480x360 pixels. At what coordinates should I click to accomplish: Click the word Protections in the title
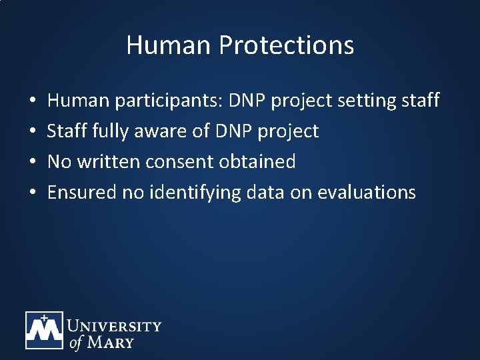pyautogui.click(x=286, y=45)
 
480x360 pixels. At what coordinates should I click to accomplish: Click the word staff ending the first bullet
pyautogui.click(x=420, y=101)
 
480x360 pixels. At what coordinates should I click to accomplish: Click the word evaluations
pyautogui.click(x=367, y=193)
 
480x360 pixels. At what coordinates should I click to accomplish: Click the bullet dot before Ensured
pyautogui.click(x=33, y=193)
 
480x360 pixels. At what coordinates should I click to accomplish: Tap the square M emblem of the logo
pyautogui.click(x=44, y=330)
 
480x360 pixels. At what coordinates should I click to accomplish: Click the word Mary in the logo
pyautogui.click(x=109, y=343)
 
